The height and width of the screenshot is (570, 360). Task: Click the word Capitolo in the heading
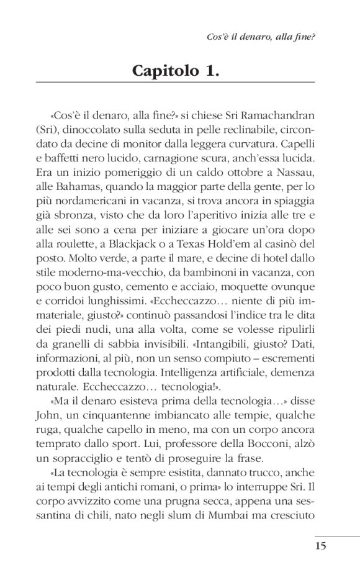(x=162, y=70)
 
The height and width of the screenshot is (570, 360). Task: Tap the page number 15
(x=320, y=547)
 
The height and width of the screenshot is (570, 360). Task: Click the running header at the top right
(x=260, y=37)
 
